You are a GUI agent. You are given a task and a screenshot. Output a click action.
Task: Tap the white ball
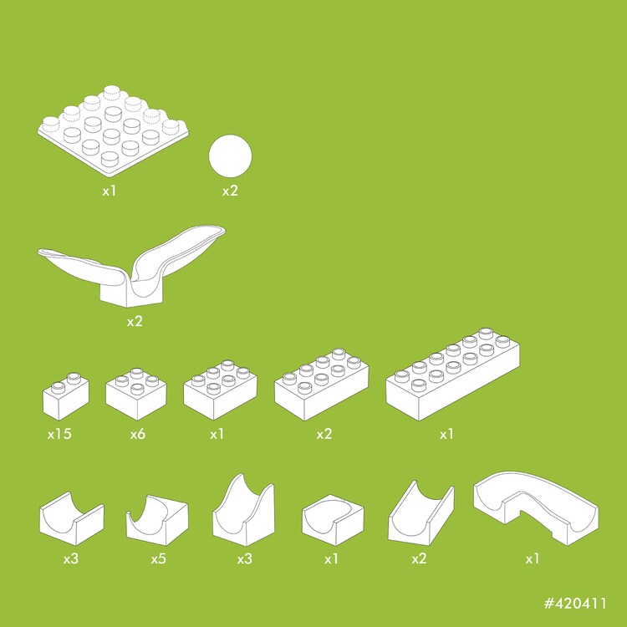coord(231,156)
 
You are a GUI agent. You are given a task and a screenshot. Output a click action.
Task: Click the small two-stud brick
coord(66,396)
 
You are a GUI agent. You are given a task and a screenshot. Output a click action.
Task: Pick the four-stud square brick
coord(136,394)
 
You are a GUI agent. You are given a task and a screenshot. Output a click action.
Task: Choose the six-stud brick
coord(221,390)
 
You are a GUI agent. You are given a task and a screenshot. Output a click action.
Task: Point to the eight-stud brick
coord(322,385)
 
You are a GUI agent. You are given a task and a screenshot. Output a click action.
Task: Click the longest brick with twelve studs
coord(452,375)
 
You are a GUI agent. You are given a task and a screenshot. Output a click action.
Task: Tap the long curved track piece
coord(536,507)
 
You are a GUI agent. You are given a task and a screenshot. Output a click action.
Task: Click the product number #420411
coord(575,603)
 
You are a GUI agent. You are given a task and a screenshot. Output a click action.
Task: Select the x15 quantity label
coord(59,434)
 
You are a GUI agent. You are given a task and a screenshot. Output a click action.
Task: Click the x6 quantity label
coord(138,434)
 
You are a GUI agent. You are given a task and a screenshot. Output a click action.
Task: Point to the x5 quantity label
coord(158,558)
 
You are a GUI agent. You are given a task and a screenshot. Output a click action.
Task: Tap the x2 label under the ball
coord(231,191)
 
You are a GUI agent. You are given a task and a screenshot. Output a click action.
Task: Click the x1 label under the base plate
coord(110,191)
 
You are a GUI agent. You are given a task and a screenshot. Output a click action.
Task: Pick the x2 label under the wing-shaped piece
coord(135,321)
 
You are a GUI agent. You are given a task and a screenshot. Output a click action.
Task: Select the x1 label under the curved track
coord(533,558)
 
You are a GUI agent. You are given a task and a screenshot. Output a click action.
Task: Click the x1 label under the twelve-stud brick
coord(446,434)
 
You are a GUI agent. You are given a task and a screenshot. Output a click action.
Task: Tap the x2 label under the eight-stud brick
coord(324,434)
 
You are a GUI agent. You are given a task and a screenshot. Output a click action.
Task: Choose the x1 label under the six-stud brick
coord(217,434)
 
